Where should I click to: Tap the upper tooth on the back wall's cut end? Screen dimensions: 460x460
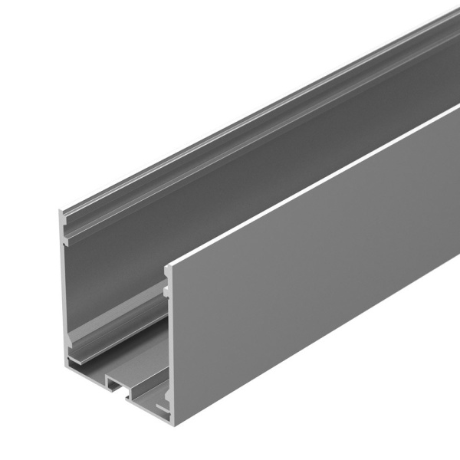[x=67, y=238]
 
